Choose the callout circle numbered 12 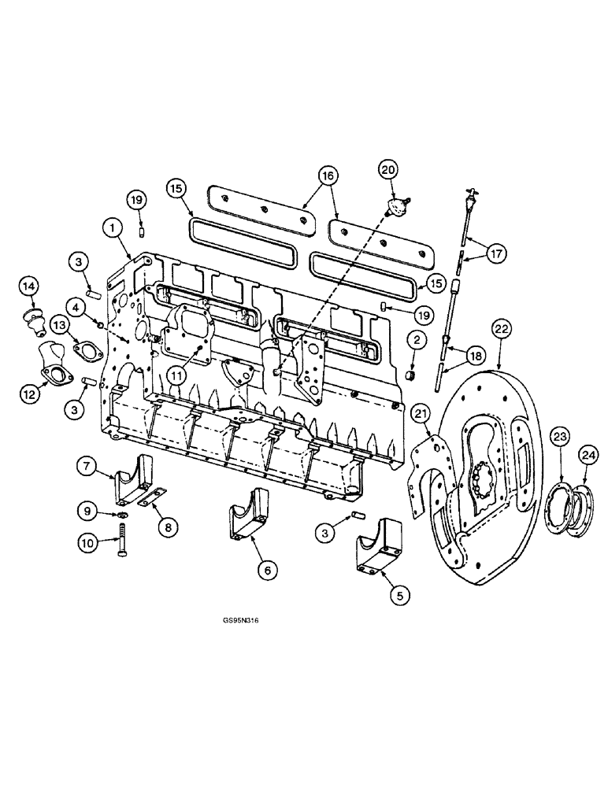pos(29,393)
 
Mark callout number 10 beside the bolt pos(89,541)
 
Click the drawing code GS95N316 pos(240,621)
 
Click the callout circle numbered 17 pos(496,254)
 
